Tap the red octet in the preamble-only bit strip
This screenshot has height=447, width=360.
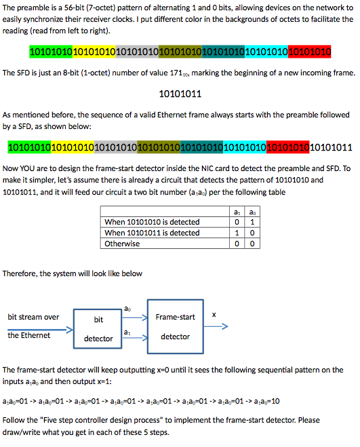[x=309, y=51]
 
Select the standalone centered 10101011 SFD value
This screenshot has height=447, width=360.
[x=180, y=94]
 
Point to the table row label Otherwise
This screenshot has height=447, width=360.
[x=122, y=244]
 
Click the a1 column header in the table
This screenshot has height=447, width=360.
[x=235, y=210]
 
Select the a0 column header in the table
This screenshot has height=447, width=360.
[x=251, y=210]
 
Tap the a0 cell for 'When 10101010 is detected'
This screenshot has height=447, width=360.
[x=251, y=222]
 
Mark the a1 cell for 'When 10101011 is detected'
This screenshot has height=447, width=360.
[x=235, y=233]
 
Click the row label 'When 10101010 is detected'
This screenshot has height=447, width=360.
[x=152, y=222]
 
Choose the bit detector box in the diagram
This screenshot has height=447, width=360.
[x=98, y=328]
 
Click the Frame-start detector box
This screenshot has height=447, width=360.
[x=175, y=326]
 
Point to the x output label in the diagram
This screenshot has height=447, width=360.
[x=214, y=314]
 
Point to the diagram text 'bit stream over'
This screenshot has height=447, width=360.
[x=33, y=317]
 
